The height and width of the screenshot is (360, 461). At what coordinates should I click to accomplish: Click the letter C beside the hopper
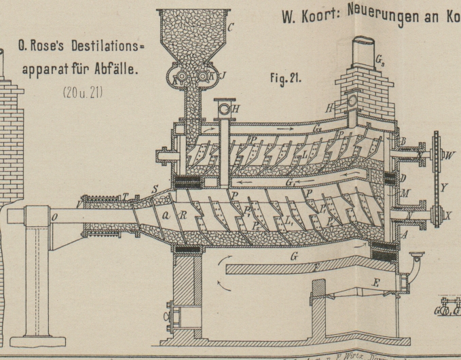click(x=230, y=28)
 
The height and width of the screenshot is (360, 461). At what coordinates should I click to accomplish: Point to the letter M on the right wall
click(x=406, y=192)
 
